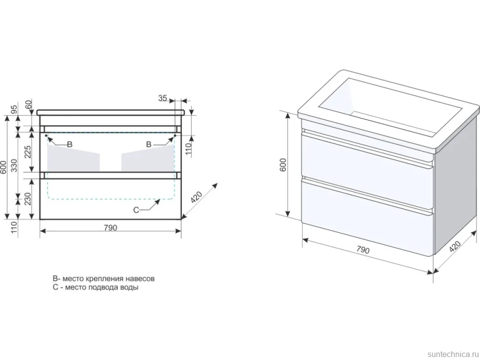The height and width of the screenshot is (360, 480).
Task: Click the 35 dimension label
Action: pos(162,98)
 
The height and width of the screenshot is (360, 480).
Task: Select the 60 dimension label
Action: pos(29,105)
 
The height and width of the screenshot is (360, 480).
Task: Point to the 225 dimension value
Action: pos(28,152)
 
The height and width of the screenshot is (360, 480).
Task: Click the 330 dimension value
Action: pos(14,165)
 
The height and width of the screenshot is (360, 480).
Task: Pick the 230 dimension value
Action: pos(28,198)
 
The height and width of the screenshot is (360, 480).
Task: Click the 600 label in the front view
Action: pos(3,167)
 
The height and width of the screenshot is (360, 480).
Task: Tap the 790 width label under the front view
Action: pos(110,227)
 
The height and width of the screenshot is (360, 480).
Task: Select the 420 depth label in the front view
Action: pos(196,197)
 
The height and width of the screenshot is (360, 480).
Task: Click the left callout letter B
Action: pos(69,144)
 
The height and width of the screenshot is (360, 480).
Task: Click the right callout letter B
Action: pos(149,144)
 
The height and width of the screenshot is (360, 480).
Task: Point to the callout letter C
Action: pos(137,210)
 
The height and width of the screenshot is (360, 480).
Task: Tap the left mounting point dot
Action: pos(46,135)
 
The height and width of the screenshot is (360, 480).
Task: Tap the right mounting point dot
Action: pos(175,135)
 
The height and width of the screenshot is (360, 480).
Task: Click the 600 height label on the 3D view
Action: pos(283,165)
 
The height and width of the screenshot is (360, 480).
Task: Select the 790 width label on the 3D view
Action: pos(363,250)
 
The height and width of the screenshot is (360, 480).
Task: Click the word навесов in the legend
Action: pos(141,278)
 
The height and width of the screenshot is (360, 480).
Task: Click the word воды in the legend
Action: pos(130,287)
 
